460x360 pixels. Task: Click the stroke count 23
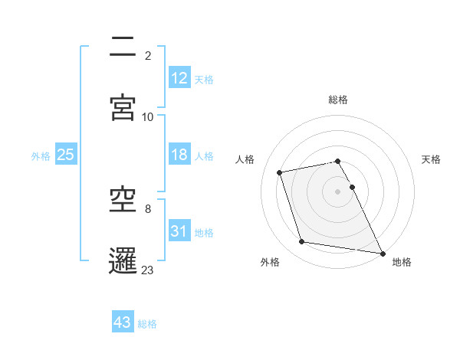(148, 270)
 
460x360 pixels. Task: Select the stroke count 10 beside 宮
(148, 116)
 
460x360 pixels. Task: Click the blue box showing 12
(179, 78)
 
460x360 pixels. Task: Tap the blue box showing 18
(179, 155)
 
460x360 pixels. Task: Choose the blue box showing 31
(179, 231)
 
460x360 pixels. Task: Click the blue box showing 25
(66, 155)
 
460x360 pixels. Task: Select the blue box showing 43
(123, 322)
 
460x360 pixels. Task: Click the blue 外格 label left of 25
(41, 156)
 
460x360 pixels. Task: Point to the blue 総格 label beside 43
(147, 324)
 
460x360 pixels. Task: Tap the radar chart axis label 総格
(338, 100)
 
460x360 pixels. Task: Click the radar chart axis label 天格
(432, 159)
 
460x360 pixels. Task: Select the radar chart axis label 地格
(402, 262)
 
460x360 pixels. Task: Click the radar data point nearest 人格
(280, 172)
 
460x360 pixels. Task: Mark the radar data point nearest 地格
(382, 252)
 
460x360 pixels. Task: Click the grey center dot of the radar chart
(338, 191)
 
